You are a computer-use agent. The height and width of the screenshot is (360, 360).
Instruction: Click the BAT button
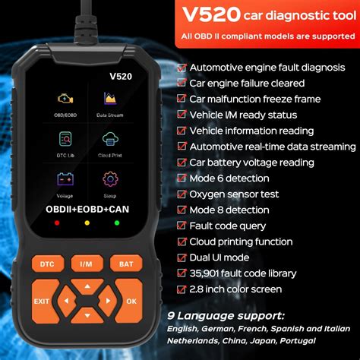pos(125,264)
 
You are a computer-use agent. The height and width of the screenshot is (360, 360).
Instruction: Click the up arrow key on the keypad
pos(87,286)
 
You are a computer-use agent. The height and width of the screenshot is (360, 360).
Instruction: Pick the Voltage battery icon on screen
pos(65,180)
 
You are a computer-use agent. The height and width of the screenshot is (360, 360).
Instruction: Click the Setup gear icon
pos(109,180)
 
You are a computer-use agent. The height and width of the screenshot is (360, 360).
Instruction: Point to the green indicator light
pos(116,223)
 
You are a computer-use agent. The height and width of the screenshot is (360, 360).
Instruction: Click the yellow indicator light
pos(87,223)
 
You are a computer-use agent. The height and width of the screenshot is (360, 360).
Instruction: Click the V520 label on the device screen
pos(87,75)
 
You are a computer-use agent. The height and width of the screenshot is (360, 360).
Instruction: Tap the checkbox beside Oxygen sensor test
pos(182,194)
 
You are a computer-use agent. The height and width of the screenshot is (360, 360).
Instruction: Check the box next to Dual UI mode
pos(182,257)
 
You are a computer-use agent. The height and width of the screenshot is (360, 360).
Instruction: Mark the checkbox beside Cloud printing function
pos(182,241)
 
